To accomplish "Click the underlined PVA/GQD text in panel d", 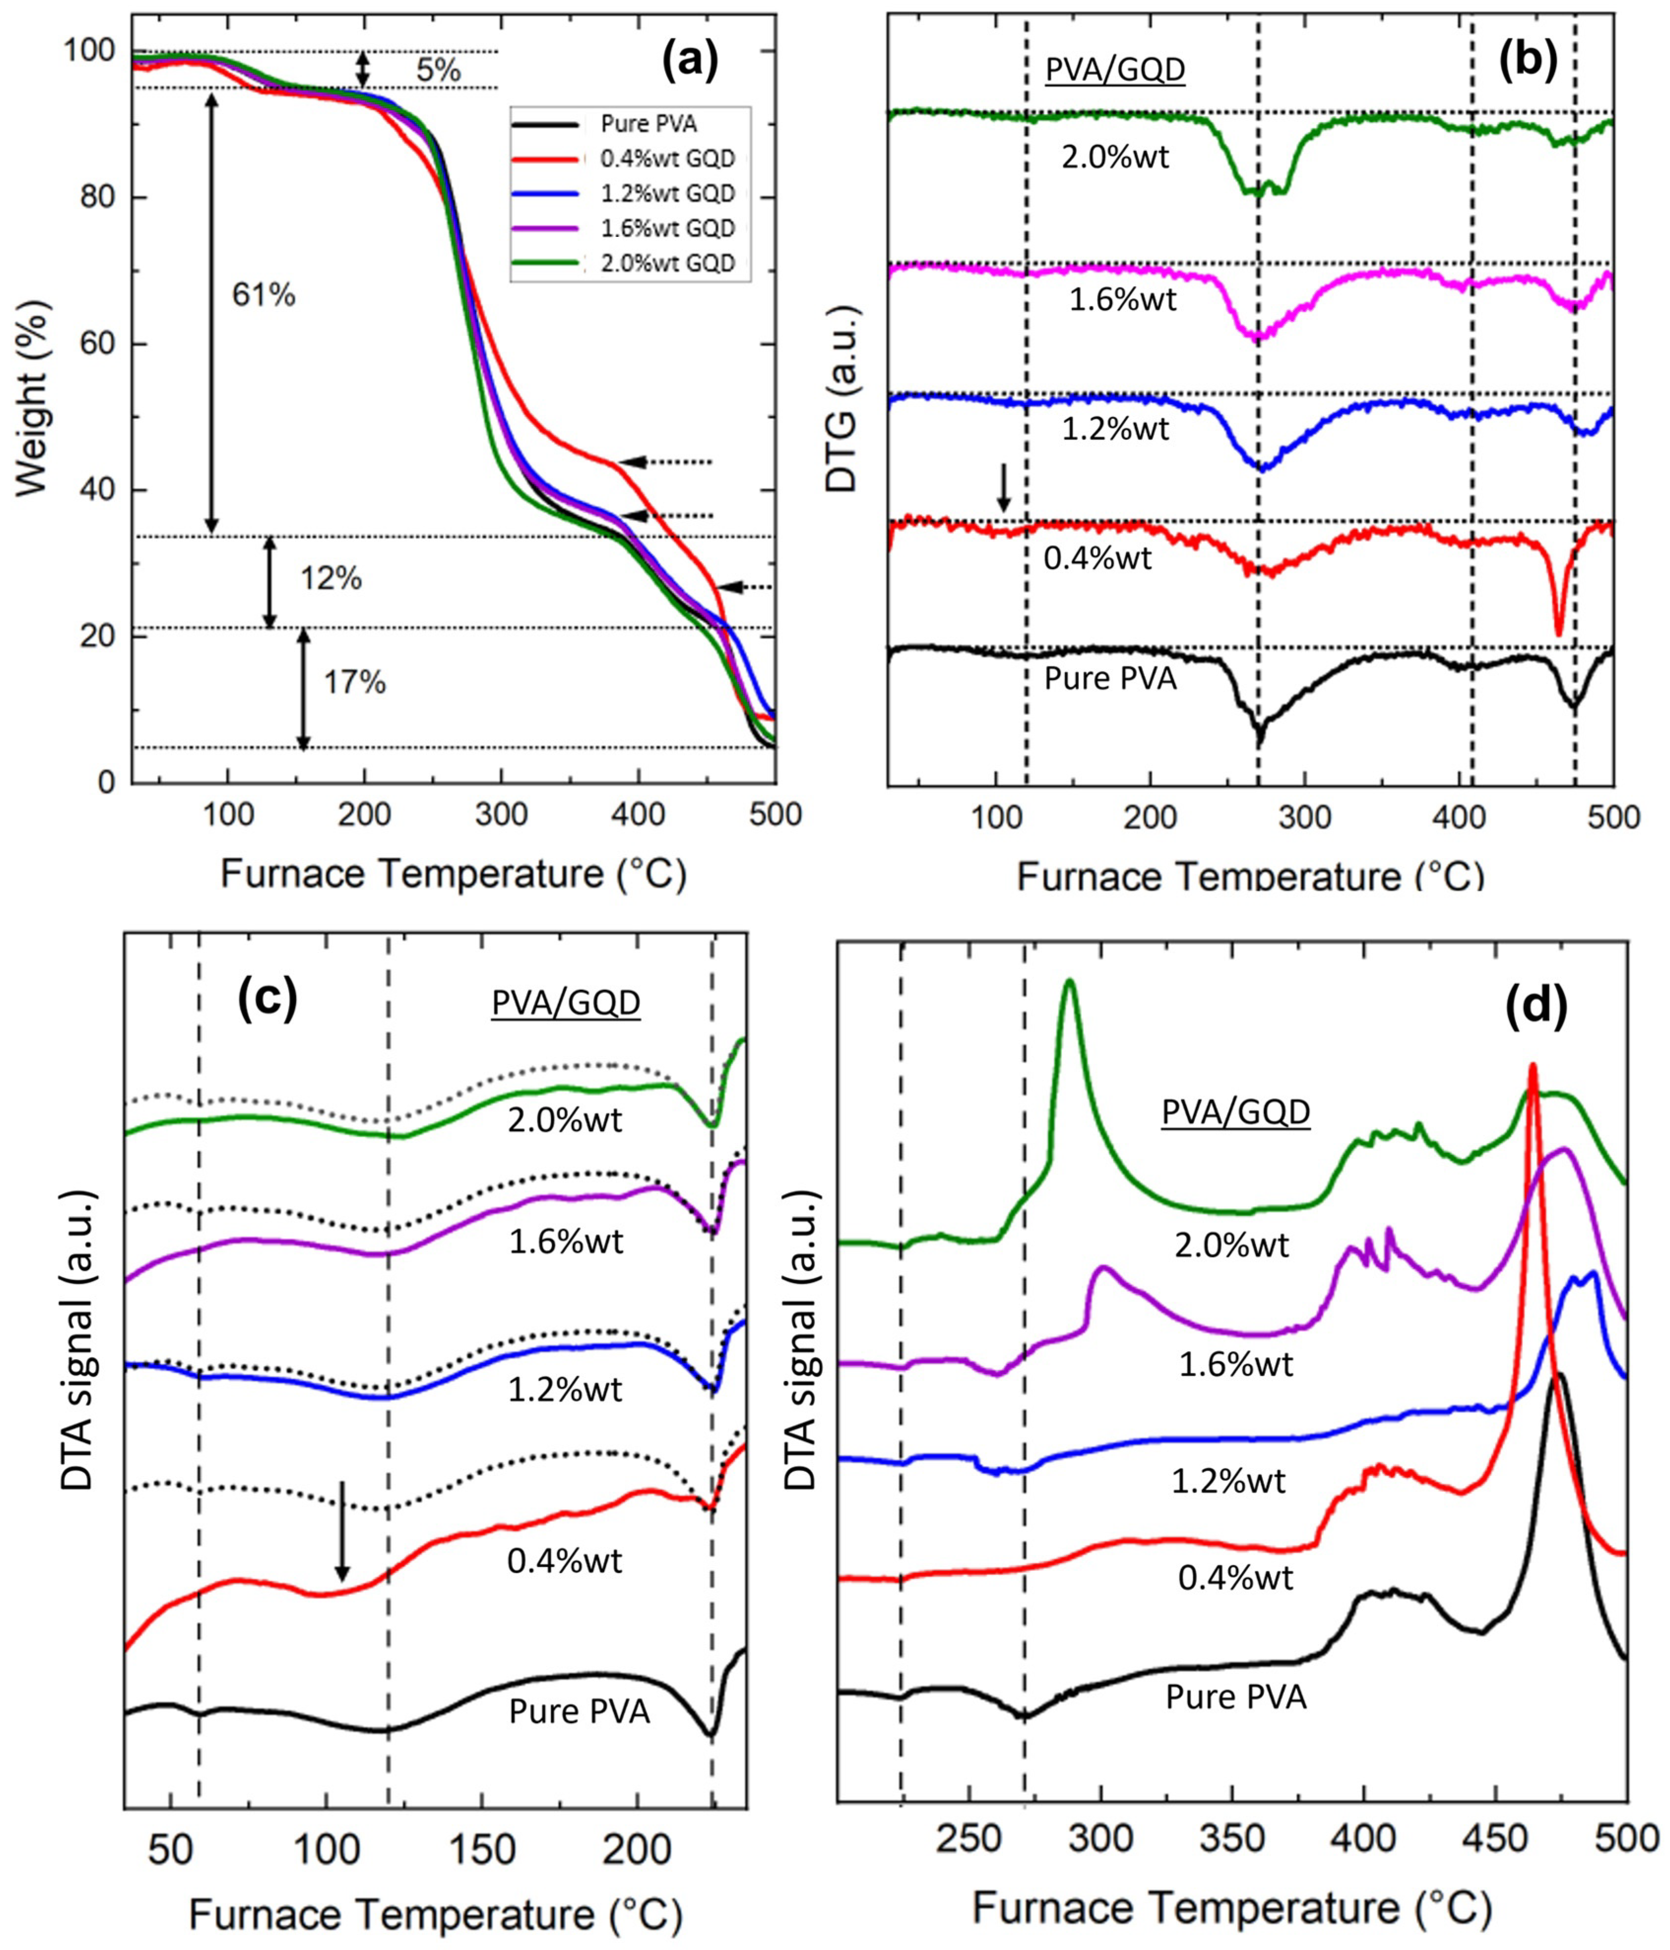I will pos(1235,1114).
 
